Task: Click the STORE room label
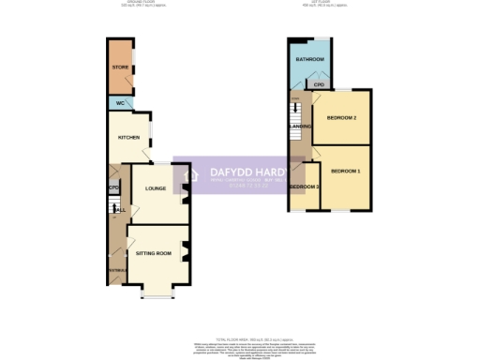(x=120, y=67)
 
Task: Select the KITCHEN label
(x=127, y=137)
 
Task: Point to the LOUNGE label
(x=156, y=188)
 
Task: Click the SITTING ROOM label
(x=154, y=253)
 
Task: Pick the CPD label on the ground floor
(x=112, y=188)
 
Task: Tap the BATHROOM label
(x=310, y=59)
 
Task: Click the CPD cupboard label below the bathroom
(x=320, y=84)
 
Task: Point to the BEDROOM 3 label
(x=304, y=187)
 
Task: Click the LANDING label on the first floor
(x=300, y=126)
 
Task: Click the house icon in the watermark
(x=187, y=175)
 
